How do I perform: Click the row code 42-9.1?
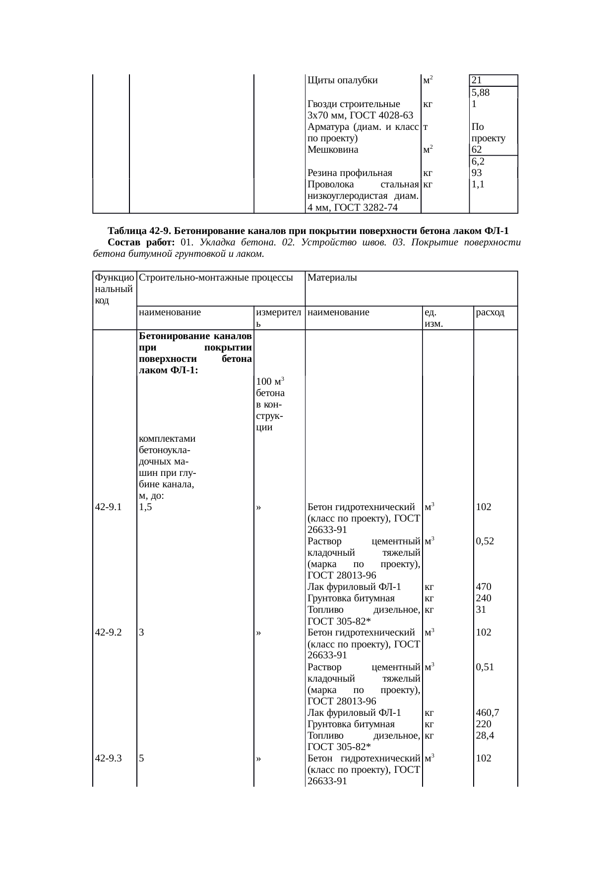point(108,507)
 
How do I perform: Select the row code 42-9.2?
point(108,633)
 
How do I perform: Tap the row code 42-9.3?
point(108,758)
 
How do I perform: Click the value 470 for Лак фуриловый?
point(483,587)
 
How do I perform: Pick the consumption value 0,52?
point(485,541)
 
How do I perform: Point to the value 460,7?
point(487,712)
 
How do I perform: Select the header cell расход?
point(490,312)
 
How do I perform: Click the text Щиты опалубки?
point(343,80)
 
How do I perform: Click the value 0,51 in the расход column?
point(485,667)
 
